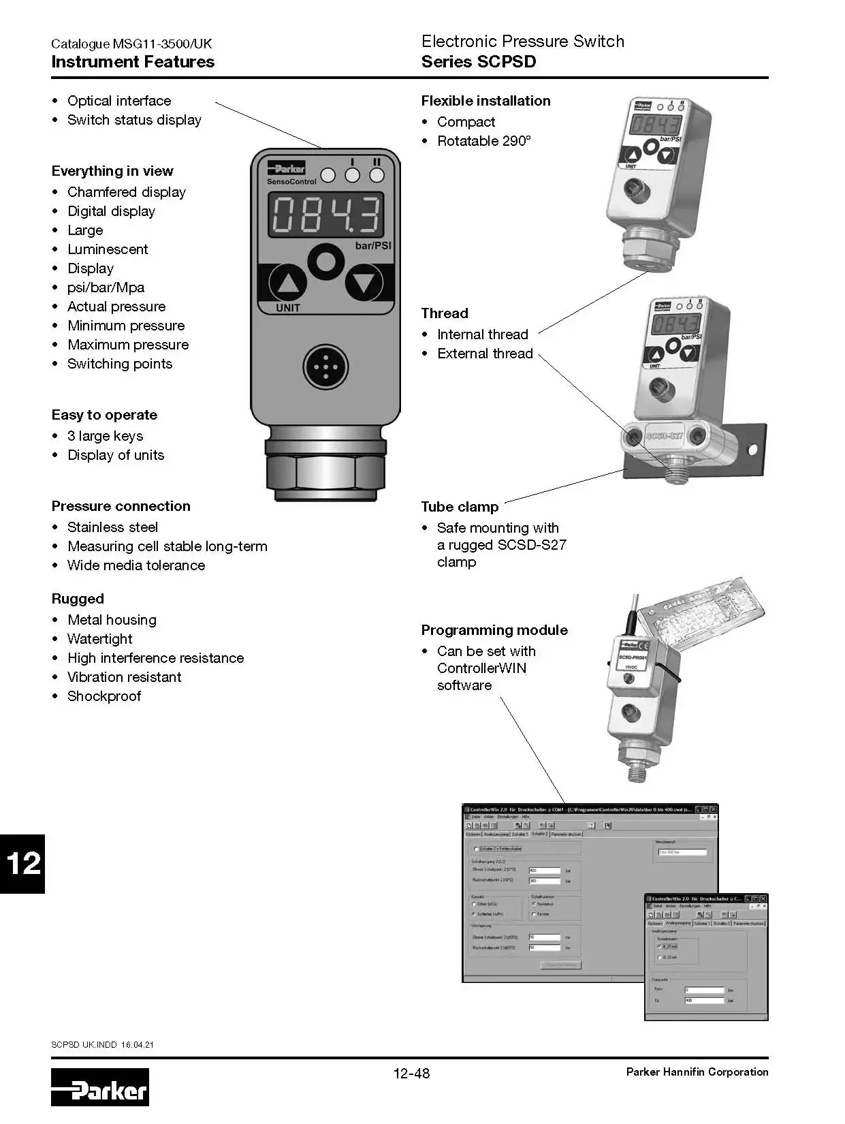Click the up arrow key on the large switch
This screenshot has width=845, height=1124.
[x=288, y=283]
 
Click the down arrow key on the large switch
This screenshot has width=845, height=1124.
[x=364, y=283]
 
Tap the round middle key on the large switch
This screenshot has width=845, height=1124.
[x=326, y=261]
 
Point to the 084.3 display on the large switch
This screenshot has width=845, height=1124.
[x=325, y=215]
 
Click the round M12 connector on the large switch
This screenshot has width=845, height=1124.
[x=325, y=367]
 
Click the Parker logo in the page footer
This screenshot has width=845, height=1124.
[x=99, y=1087]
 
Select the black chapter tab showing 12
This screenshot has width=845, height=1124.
[x=22, y=863]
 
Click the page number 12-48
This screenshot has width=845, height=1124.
[x=411, y=1074]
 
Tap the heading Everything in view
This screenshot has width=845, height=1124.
[x=112, y=171]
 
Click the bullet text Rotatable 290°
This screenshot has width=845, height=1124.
[x=483, y=141]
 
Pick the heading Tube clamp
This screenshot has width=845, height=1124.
[x=460, y=507]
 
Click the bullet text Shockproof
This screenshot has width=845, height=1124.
[x=104, y=696]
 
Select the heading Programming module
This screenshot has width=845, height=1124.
[x=494, y=630]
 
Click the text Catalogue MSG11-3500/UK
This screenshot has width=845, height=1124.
[x=131, y=44]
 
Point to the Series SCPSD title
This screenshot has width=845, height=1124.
[x=479, y=62]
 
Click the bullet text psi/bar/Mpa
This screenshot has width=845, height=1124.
[x=106, y=287]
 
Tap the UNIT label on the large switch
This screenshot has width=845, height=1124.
[x=288, y=308]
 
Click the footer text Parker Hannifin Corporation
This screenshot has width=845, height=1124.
[x=697, y=1072]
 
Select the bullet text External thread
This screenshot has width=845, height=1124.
[x=485, y=354]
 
